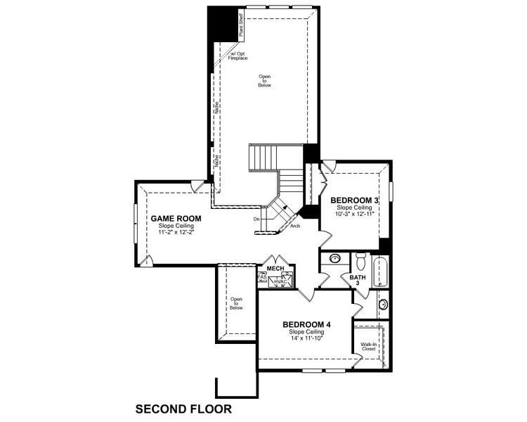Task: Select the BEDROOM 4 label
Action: pos(306,324)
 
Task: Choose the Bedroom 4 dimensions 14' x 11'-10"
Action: pos(306,338)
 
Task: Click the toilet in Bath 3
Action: pos(361,262)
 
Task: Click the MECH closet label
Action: pos(274,268)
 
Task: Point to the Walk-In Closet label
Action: pos(368,347)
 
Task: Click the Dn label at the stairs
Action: pos(257,219)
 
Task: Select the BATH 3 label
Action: pos(357,280)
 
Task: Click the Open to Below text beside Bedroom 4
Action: pos(236,303)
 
